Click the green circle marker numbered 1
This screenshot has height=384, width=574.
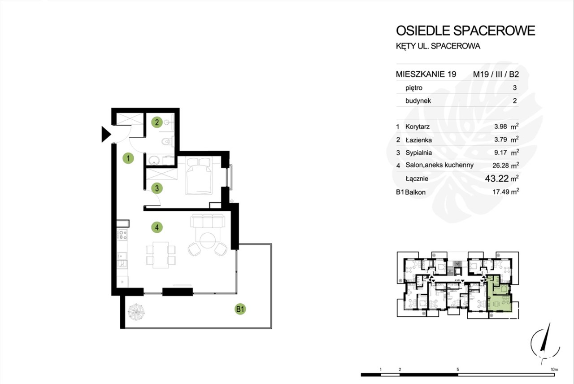128,158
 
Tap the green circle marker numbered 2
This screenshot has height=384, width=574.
157,122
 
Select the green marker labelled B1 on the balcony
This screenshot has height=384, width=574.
240,309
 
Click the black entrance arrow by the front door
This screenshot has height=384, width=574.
106,134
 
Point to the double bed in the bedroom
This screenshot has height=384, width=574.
199,176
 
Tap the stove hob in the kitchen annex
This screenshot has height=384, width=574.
122,235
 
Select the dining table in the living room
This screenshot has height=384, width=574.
161,255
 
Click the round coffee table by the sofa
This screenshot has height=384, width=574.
208,240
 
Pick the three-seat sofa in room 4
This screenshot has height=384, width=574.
208,221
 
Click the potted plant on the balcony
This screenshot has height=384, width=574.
136,312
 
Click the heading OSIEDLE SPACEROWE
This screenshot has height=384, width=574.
465,31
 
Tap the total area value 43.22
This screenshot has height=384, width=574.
497,179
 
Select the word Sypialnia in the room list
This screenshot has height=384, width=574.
418,153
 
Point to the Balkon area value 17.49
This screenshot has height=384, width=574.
501,192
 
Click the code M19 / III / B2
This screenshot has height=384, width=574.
496,74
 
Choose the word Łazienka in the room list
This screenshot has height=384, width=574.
418,140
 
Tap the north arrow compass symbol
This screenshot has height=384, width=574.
545,343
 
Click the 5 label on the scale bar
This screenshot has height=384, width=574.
458,369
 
